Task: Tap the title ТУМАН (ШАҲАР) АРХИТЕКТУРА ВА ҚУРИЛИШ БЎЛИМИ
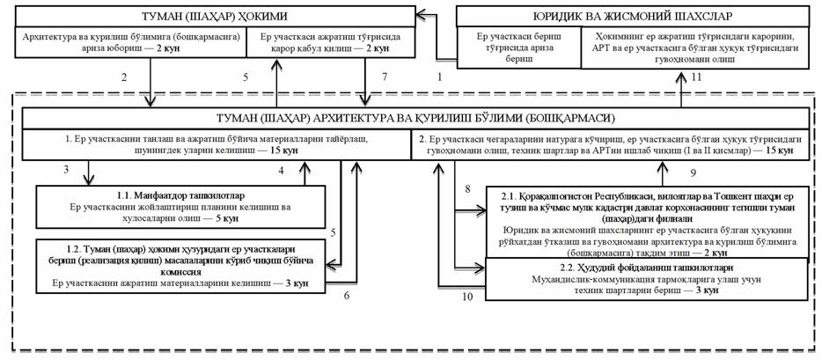tap(409, 118)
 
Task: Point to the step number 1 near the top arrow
tap(439, 78)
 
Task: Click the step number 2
tap(124, 78)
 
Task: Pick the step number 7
tap(385, 78)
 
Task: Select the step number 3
tap(66, 168)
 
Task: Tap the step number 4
tap(281, 168)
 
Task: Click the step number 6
tap(347, 295)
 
